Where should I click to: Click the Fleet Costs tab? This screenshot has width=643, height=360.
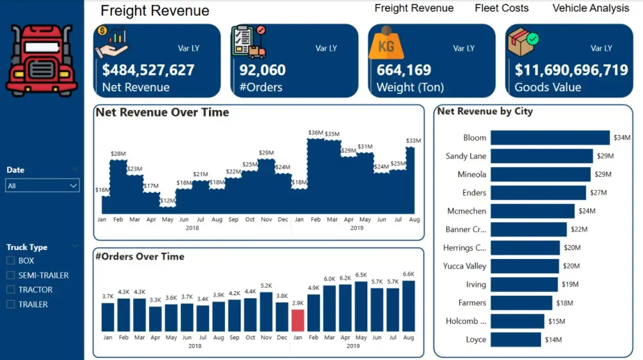pos(502,8)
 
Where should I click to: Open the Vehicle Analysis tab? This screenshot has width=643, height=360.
pos(590,8)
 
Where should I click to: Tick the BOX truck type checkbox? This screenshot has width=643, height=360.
pos(10,260)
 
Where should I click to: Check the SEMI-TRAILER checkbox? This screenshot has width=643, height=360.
pos(10,275)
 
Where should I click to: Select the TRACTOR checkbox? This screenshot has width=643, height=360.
pos(10,290)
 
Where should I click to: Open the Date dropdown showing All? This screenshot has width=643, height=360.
pos(42,186)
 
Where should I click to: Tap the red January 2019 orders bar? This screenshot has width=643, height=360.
pos(298,320)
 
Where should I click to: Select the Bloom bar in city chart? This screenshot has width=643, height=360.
pos(550,138)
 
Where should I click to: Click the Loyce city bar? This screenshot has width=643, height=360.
pos(516,339)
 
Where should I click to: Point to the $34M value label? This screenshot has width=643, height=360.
pos(622,138)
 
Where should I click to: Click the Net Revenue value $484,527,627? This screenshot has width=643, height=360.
pos(148,70)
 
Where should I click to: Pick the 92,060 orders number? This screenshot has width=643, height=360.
pos(262,70)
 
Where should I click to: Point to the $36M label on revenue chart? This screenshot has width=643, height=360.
pos(315,133)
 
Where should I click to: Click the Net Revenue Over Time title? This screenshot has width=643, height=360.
pos(162,113)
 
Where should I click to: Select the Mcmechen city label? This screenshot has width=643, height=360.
pos(467,211)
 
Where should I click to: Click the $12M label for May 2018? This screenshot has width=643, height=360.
pos(167,201)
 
